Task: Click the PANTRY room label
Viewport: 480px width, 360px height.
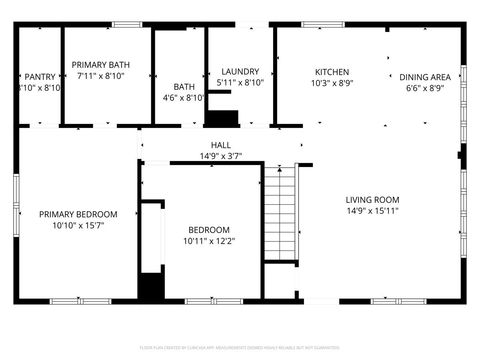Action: (x=40, y=76)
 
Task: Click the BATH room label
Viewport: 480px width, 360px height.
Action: (x=184, y=86)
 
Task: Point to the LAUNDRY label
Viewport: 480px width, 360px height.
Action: (x=240, y=71)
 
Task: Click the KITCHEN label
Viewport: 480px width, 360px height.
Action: (x=332, y=72)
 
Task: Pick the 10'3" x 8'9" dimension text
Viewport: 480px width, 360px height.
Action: (x=332, y=84)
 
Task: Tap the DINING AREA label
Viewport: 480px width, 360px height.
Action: (x=425, y=76)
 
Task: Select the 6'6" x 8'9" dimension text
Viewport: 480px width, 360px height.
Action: (x=425, y=88)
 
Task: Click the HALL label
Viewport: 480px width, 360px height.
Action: (x=220, y=145)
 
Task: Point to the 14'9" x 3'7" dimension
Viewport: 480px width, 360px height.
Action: (x=220, y=156)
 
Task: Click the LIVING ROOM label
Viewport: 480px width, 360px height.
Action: (x=372, y=199)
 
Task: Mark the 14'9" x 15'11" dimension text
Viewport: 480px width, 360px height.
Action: (x=372, y=211)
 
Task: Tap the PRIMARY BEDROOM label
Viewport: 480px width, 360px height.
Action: (x=78, y=214)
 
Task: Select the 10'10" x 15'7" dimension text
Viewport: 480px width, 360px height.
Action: (x=78, y=226)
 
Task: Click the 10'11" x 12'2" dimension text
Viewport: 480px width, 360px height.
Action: (x=209, y=241)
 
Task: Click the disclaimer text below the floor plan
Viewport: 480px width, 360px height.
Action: (x=240, y=349)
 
